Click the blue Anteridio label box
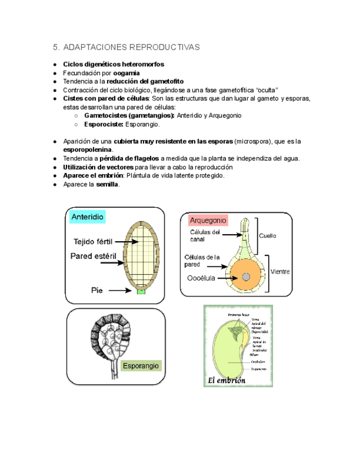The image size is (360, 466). [87, 217]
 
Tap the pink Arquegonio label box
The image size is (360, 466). [208, 220]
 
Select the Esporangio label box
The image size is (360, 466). [141, 365]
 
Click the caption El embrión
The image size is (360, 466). [226, 380]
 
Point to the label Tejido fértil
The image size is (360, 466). [93, 241]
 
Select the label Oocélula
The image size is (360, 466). [201, 278]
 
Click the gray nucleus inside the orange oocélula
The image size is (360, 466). [245, 276]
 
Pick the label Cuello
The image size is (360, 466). [268, 235]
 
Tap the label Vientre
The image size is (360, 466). [280, 271]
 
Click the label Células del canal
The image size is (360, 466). [201, 236]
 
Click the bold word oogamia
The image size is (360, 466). [126, 73]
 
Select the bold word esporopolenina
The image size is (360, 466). [88, 149]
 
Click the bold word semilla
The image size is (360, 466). [107, 184]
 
